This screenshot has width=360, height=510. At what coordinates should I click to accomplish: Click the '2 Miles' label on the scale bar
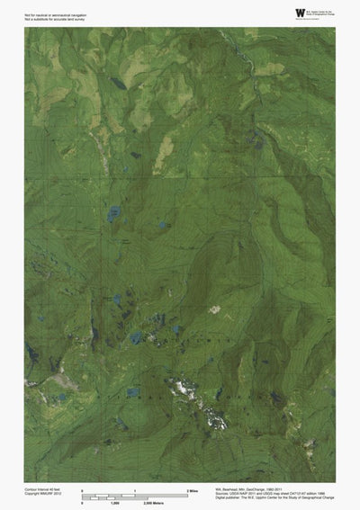click(192, 489)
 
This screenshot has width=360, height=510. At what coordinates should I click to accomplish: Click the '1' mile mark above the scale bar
click(135, 489)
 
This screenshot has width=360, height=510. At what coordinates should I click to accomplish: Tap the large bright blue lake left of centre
click(112, 214)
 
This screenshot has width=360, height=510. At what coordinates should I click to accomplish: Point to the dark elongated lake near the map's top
click(119, 83)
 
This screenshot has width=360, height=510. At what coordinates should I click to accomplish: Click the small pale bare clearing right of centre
click(214, 309)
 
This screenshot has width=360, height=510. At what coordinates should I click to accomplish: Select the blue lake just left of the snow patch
click(132, 392)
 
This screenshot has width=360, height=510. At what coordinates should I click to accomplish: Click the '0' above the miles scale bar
click(83, 489)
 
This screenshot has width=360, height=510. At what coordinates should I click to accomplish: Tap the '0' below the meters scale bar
click(83, 502)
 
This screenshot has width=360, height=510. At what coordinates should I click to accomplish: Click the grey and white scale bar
click(135, 496)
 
